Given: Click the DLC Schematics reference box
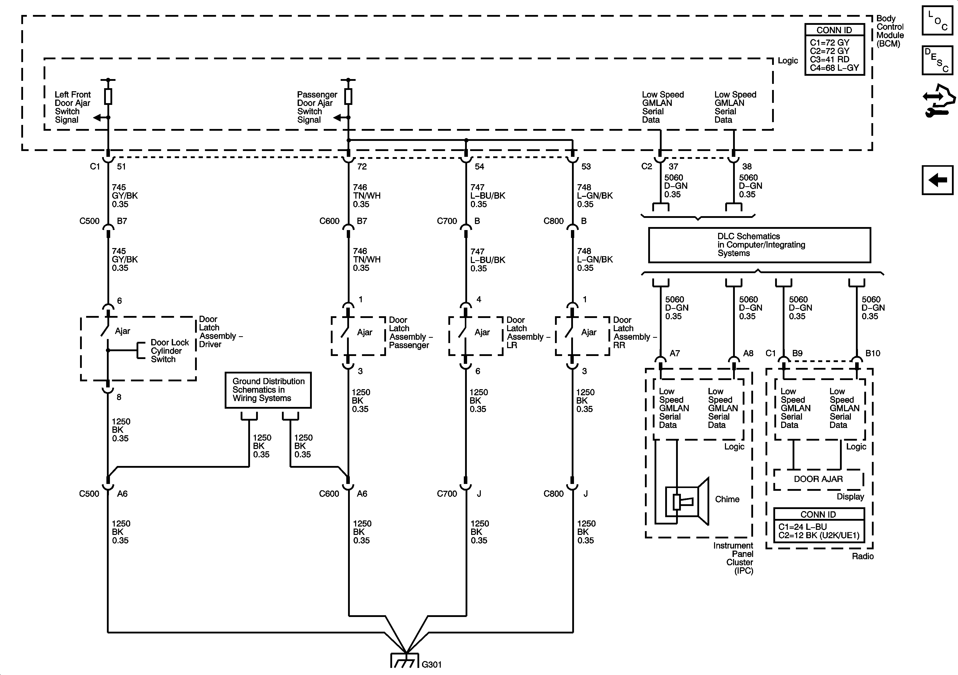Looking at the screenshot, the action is pos(759,245).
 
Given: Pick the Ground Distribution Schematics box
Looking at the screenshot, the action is pos(268,390).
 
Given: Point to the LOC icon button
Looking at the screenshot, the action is pos(937,20).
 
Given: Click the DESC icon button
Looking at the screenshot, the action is pos(937,60).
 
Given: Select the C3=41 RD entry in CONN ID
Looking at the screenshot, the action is pos(830,59).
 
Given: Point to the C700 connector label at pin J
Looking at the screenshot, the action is pos(447,494).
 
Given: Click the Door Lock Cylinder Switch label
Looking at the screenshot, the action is pos(170,351).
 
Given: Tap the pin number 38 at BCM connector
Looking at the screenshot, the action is pos(747,166).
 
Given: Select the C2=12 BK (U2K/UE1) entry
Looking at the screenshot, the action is pos(819,536).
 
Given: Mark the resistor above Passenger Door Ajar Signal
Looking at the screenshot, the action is pos(348,97).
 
